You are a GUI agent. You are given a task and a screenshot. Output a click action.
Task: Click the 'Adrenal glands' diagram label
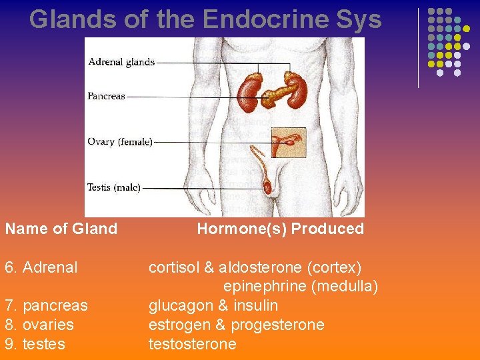tap(121, 62)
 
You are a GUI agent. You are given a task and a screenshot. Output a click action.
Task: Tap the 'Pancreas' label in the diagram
tap(106, 96)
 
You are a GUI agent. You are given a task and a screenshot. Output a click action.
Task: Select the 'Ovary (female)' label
tap(120, 141)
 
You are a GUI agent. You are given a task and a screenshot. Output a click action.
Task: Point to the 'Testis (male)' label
tap(113, 187)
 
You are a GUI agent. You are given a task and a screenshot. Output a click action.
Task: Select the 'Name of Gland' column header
tap(61, 229)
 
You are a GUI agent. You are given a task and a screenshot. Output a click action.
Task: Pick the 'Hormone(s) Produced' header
tap(280, 229)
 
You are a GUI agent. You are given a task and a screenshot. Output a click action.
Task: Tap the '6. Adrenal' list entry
tap(41, 267)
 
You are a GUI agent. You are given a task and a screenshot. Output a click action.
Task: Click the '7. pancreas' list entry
tap(46, 305)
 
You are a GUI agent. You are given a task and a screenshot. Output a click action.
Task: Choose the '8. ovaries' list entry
tap(39, 325)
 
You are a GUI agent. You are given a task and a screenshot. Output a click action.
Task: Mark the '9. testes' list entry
tap(35, 344)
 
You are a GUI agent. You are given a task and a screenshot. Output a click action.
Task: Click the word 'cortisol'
tap(173, 267)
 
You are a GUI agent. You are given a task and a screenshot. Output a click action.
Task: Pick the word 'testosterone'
tap(192, 344)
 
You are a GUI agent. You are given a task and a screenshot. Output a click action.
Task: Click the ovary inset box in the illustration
tap(288, 142)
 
